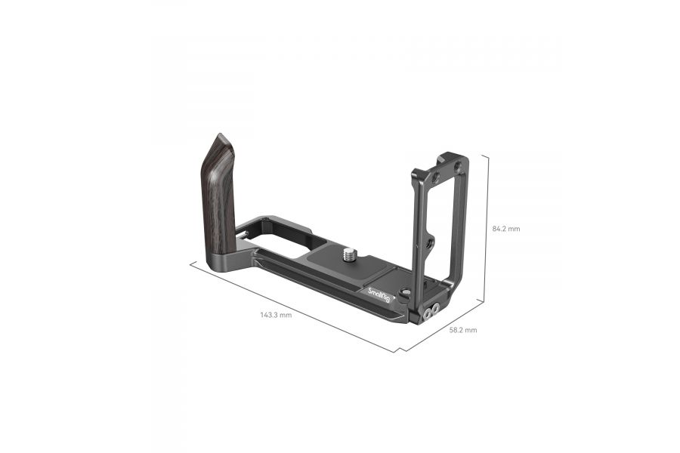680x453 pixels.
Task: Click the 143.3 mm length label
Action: (276, 315)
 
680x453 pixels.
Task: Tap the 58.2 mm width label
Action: (462, 330)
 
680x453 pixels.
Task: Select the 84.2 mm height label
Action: (505, 228)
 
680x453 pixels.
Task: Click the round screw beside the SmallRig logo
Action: (405, 293)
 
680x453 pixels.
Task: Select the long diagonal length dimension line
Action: (295, 306)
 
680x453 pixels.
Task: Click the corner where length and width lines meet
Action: (398, 352)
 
